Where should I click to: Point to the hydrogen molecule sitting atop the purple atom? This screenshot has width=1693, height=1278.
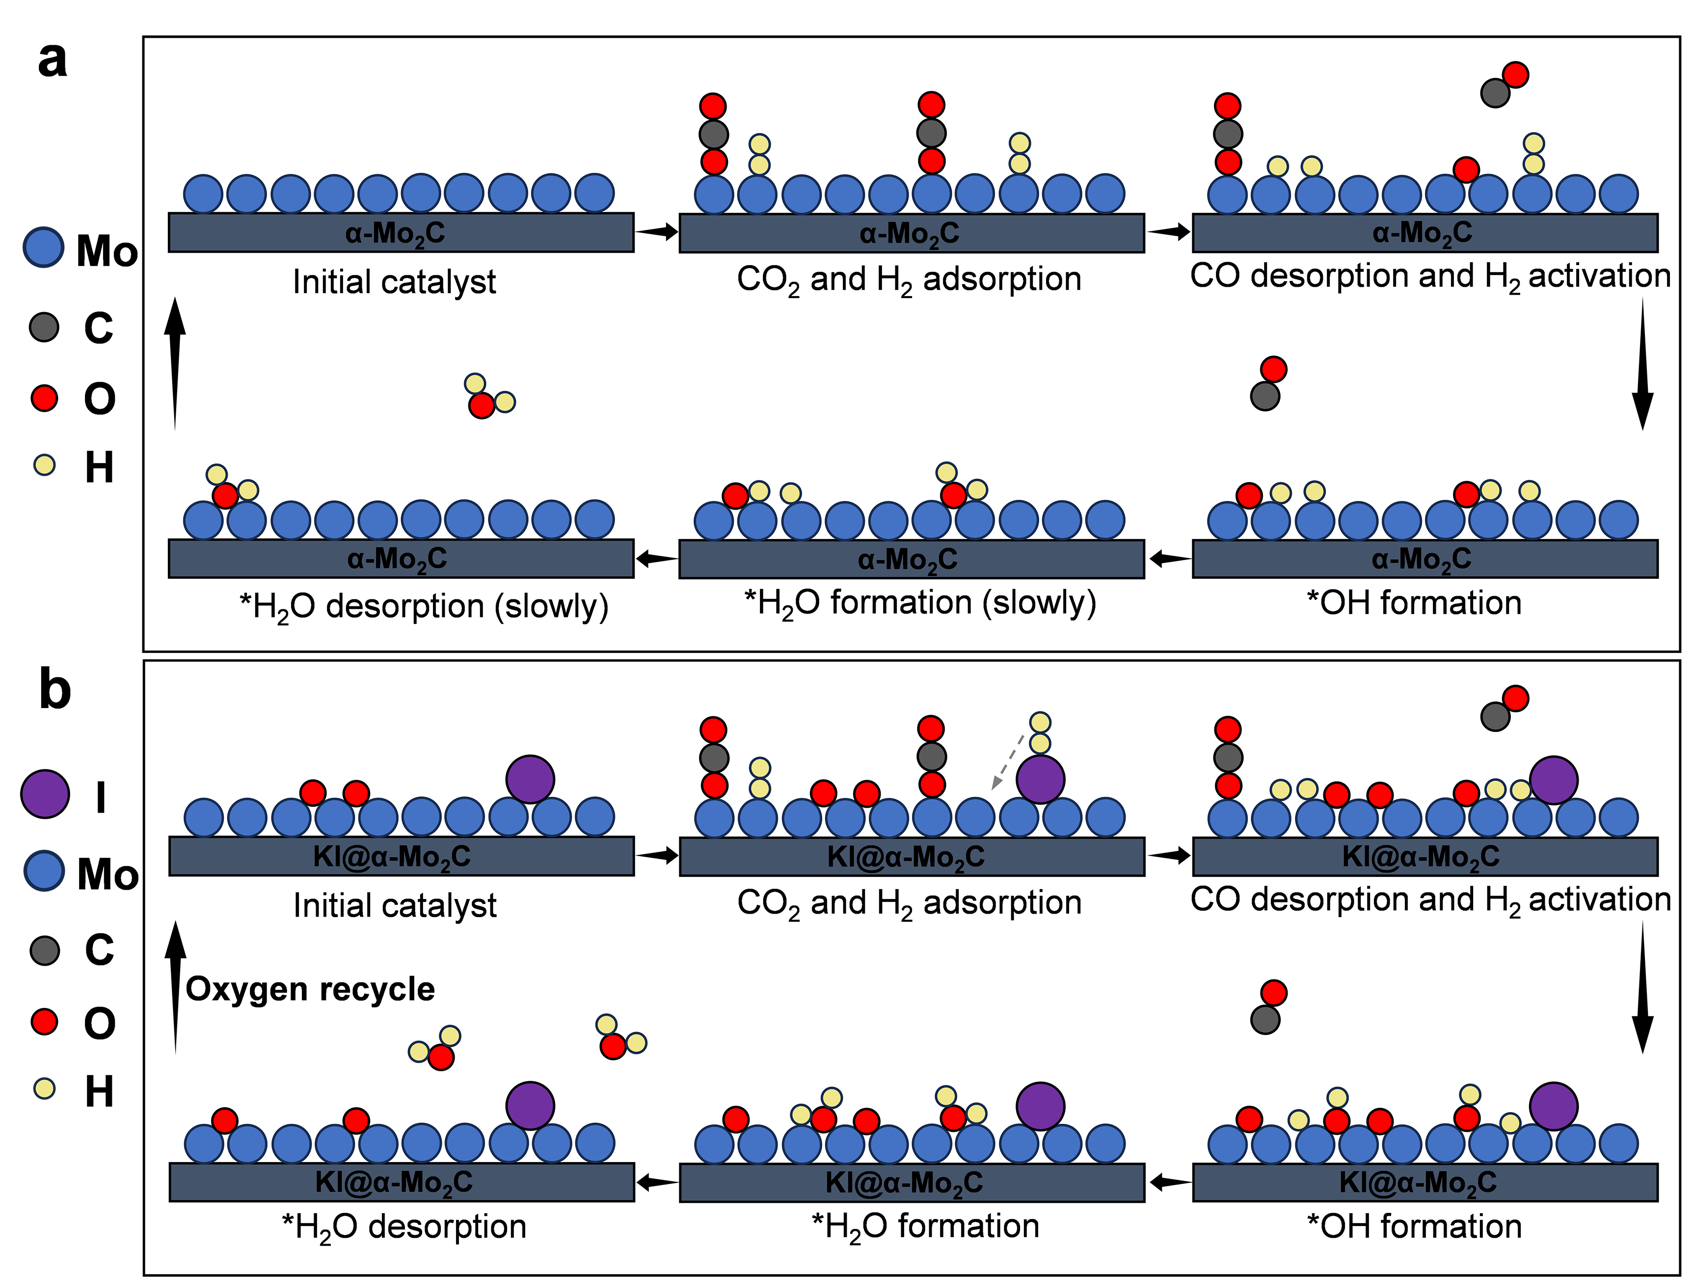(x=1040, y=733)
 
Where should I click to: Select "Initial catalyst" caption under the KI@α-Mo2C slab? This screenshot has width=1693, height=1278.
(x=395, y=906)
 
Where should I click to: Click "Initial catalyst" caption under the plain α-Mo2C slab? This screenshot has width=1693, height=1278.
(x=394, y=282)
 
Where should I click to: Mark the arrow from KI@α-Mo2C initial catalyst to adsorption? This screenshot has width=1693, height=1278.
(x=657, y=855)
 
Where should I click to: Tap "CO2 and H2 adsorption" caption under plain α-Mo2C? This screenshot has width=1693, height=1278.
(x=909, y=279)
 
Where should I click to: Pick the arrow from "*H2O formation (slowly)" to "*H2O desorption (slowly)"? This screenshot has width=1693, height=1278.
(x=657, y=559)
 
